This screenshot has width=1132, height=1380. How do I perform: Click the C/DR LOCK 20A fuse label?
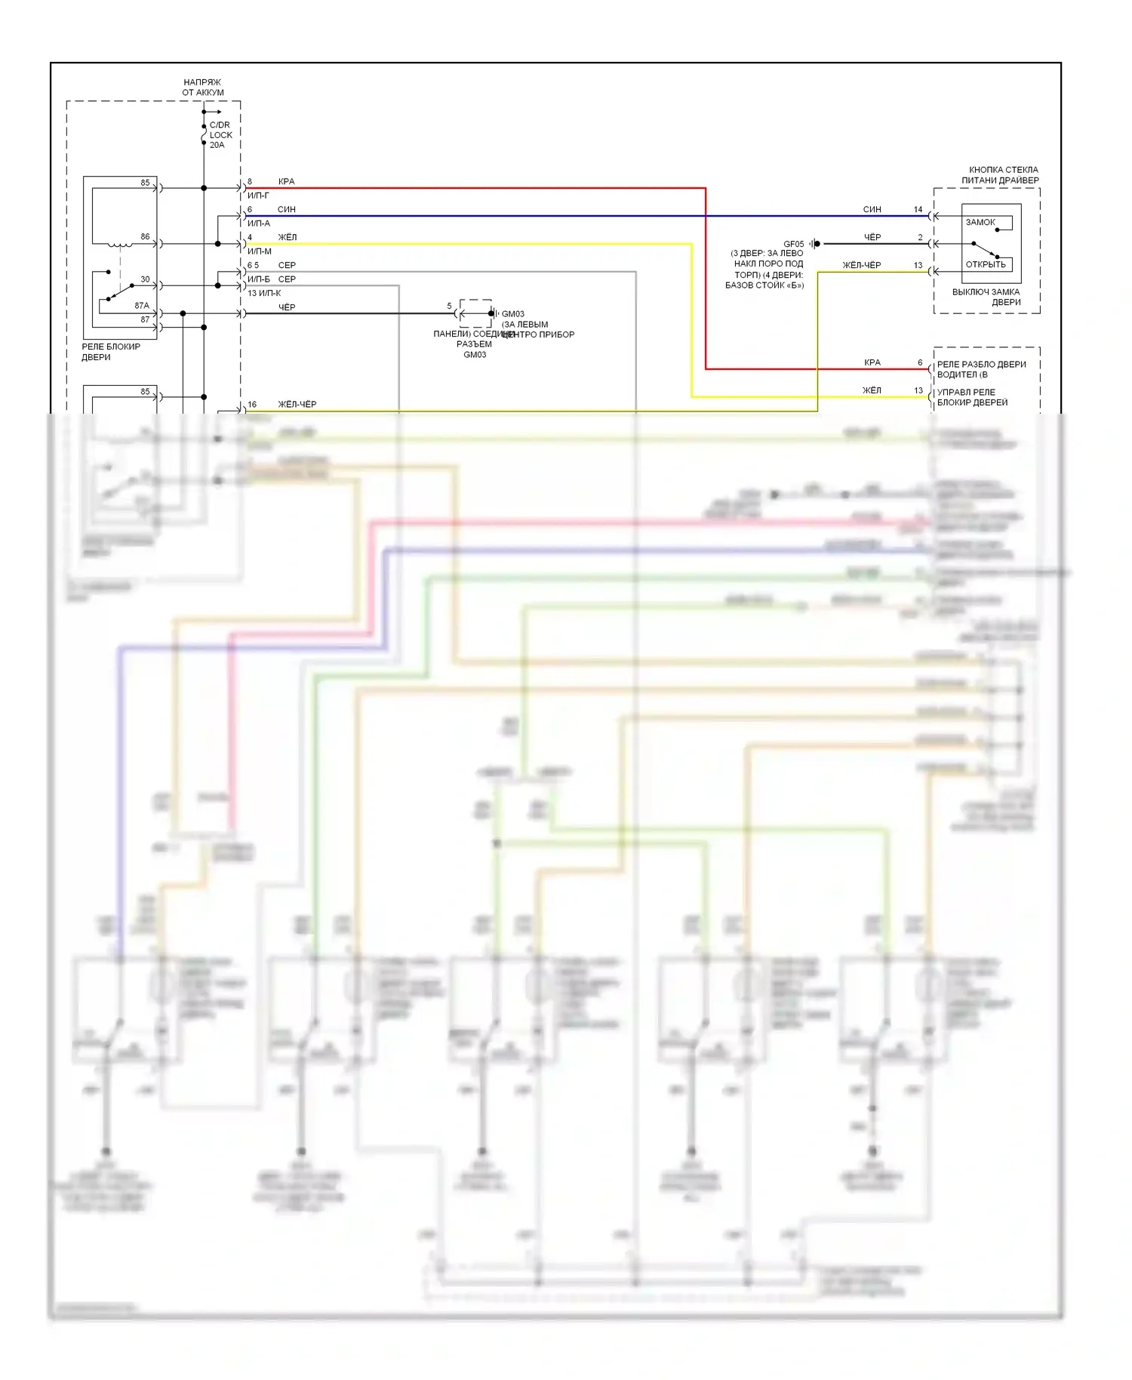pyautogui.click(x=220, y=135)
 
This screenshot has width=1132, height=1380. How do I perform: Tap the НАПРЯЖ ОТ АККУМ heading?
pyautogui.click(x=202, y=88)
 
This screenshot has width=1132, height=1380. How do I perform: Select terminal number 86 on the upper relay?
pyautogui.click(x=145, y=237)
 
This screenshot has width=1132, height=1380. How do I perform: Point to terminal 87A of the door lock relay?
pyautogui.click(x=142, y=306)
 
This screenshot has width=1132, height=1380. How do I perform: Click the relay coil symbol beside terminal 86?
pyautogui.click(x=119, y=245)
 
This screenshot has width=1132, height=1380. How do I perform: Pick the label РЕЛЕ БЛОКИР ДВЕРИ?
pyautogui.click(x=111, y=352)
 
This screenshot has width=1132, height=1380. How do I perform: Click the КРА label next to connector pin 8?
pyautogui.click(x=286, y=182)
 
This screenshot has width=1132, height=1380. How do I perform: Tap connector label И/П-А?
pyautogui.click(x=259, y=223)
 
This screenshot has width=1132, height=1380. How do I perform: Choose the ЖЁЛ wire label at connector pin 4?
pyautogui.click(x=288, y=238)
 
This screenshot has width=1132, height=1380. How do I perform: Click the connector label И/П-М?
pyautogui.click(x=260, y=251)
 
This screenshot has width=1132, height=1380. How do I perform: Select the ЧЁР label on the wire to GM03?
pyautogui.click(x=287, y=307)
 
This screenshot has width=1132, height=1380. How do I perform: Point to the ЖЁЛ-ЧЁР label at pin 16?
pyautogui.click(x=297, y=405)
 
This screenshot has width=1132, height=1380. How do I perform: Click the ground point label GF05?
pyautogui.click(x=793, y=244)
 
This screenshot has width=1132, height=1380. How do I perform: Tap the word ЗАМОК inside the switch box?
pyautogui.click(x=980, y=223)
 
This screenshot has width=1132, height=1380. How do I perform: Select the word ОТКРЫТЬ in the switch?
pyautogui.click(x=986, y=265)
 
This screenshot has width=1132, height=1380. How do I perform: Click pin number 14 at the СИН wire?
pyautogui.click(x=918, y=210)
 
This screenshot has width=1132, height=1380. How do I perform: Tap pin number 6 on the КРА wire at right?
pyautogui.click(x=920, y=363)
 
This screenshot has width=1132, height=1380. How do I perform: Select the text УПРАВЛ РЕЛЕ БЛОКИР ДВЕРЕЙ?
pyautogui.click(x=973, y=398)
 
